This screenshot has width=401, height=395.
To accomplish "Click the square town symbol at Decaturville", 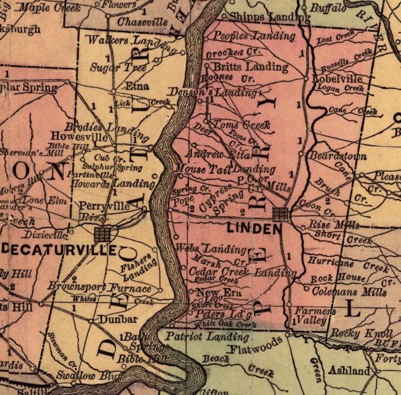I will point(103,233).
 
